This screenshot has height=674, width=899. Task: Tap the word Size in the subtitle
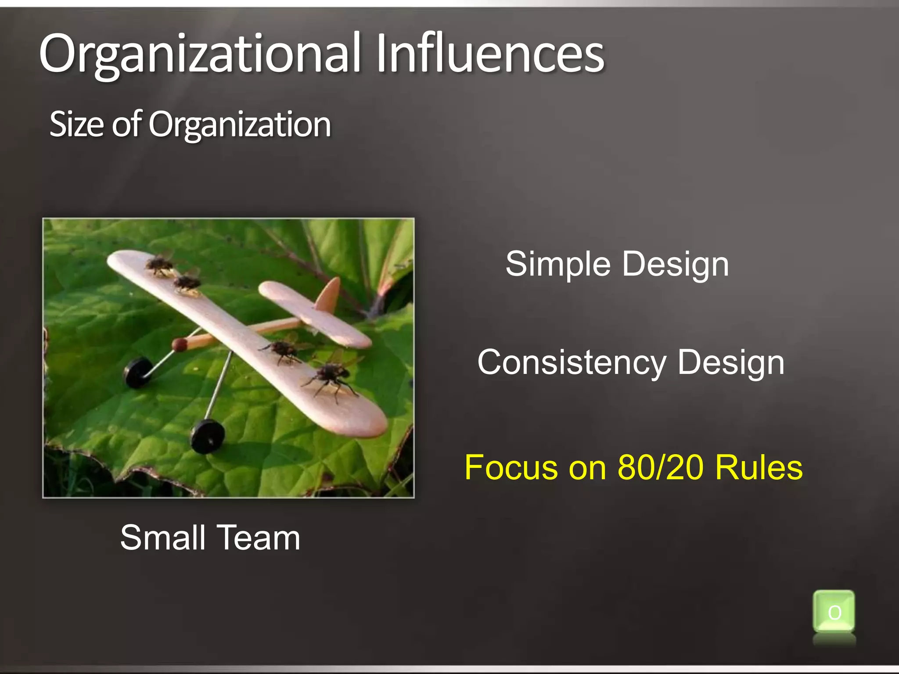pyautogui.click(x=77, y=124)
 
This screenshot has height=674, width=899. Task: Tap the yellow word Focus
pyautogui.click(x=511, y=467)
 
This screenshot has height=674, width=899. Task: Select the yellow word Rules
pyautogui.click(x=759, y=467)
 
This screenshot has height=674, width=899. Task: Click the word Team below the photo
pyautogui.click(x=259, y=538)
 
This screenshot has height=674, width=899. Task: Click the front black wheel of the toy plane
pyautogui.click(x=208, y=436)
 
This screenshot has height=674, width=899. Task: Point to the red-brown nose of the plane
pyautogui.click(x=179, y=345)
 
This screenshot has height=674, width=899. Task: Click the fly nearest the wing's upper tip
pyautogui.click(x=159, y=265)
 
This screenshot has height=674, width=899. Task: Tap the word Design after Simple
pyautogui.click(x=676, y=264)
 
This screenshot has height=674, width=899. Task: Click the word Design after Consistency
pyautogui.click(x=731, y=363)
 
